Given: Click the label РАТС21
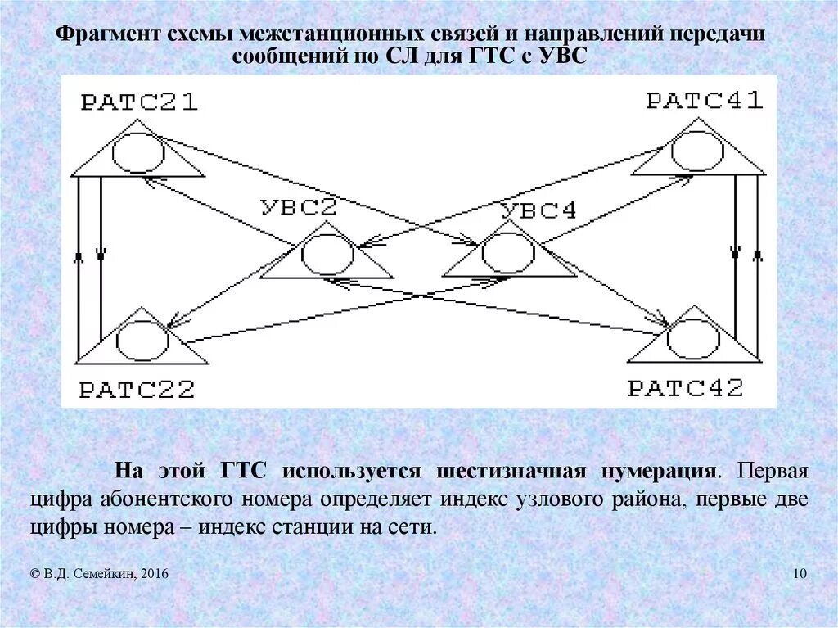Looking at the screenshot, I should click(139, 102).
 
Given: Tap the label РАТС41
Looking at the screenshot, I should click(705, 101).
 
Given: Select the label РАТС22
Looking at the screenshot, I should click(137, 389).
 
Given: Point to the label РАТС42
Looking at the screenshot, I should click(686, 387).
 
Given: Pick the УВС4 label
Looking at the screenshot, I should click(538, 210).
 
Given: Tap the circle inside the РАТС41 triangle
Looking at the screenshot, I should click(696, 150).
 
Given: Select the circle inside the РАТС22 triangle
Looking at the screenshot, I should click(142, 340).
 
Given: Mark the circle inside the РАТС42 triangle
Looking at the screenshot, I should click(694, 338).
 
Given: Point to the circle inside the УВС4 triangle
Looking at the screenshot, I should click(508, 253).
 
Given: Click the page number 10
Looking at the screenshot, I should click(800, 575).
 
